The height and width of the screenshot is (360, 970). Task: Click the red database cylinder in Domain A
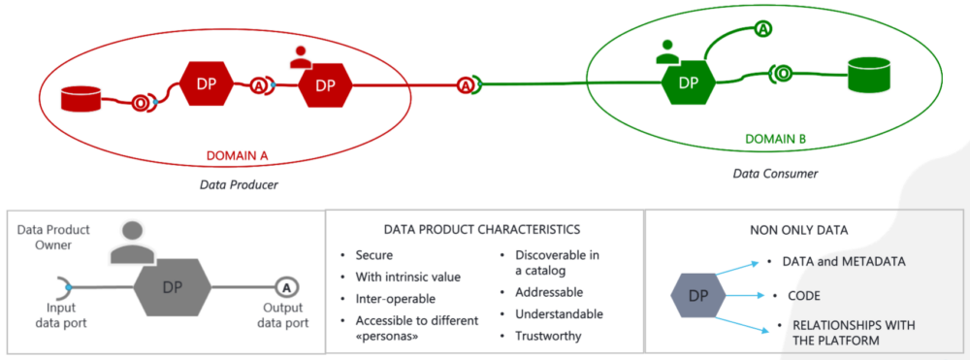(x=82, y=99)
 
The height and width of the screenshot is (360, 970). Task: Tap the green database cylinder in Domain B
(x=869, y=74)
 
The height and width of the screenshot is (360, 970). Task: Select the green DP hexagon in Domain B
(x=690, y=82)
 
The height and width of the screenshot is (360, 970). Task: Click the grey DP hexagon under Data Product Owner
(x=171, y=288)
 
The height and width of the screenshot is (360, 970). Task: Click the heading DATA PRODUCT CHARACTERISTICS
(x=483, y=230)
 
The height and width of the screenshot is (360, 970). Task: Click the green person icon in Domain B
(x=667, y=52)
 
